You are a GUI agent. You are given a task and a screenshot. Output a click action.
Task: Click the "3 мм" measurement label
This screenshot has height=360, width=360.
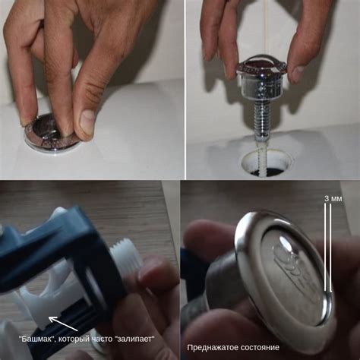click(x=333, y=199)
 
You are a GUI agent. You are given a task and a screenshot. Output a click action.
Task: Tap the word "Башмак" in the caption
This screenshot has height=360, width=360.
click(x=37, y=339)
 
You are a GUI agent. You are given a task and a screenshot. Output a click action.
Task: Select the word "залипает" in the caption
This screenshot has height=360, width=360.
click(x=136, y=339)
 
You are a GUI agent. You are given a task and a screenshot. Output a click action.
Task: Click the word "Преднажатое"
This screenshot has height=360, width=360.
click(x=213, y=347)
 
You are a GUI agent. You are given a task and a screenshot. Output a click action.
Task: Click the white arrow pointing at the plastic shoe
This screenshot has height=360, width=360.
click(x=63, y=324)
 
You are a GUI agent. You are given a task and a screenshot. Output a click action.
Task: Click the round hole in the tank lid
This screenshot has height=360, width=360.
click(x=267, y=163)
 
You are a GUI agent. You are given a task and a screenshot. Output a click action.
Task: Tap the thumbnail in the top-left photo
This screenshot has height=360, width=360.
click(x=87, y=120)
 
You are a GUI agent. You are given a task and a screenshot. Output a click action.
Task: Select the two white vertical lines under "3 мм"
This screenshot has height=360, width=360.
click(x=328, y=248)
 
